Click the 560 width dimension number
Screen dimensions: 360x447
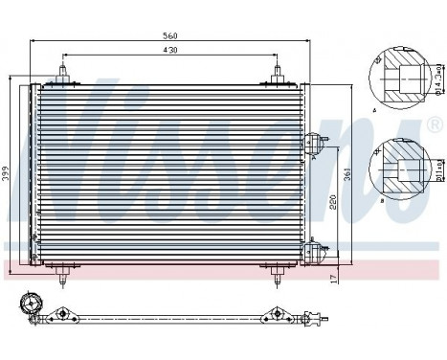click(171, 36)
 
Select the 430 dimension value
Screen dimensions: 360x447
click(171, 50)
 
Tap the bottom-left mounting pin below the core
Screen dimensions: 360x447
click(64, 279)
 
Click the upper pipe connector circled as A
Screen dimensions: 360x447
click(311, 145)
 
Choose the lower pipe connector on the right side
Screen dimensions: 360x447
click(311, 252)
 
